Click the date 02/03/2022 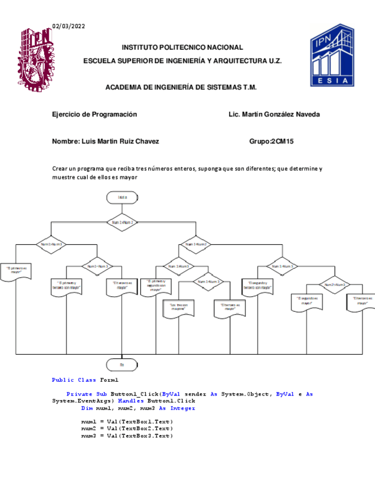pyautogui.click(x=69, y=26)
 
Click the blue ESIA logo pyautogui.click(x=332, y=56)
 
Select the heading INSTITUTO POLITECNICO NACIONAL pyautogui.click(x=183, y=48)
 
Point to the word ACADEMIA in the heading pyautogui.click(x=123, y=87)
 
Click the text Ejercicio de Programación pyautogui.click(x=94, y=114)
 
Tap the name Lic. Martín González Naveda pyautogui.click(x=274, y=114)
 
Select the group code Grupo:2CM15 pyautogui.click(x=271, y=141)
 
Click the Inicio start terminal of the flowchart pyautogui.click(x=122, y=198)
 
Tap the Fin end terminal pyautogui.click(x=121, y=364)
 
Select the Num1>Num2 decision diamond pyautogui.click(x=122, y=222)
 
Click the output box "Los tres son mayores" pyautogui.click(x=178, y=308)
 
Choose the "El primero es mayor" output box pyautogui.click(x=16, y=269)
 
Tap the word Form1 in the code pyautogui.click(x=109, y=380)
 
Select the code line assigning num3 pyautogui.click(x=127, y=436)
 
